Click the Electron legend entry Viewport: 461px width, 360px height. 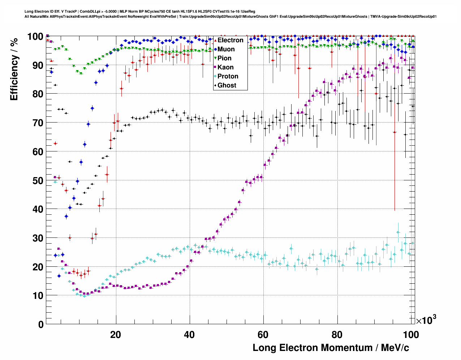[x=230, y=40]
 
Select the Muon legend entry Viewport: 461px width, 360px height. [x=226, y=49]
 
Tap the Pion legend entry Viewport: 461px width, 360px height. [x=224, y=58]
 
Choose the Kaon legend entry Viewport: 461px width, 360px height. [x=225, y=67]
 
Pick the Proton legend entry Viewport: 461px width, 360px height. [x=228, y=76]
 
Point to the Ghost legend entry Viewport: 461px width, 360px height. [x=227, y=85]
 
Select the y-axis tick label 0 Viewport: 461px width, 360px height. [x=40, y=324]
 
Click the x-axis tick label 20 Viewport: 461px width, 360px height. [x=116, y=334]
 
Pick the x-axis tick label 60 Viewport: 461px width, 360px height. [x=263, y=334]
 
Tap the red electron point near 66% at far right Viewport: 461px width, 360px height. [x=395, y=132]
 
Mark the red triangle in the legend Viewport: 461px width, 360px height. [x=215, y=40]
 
